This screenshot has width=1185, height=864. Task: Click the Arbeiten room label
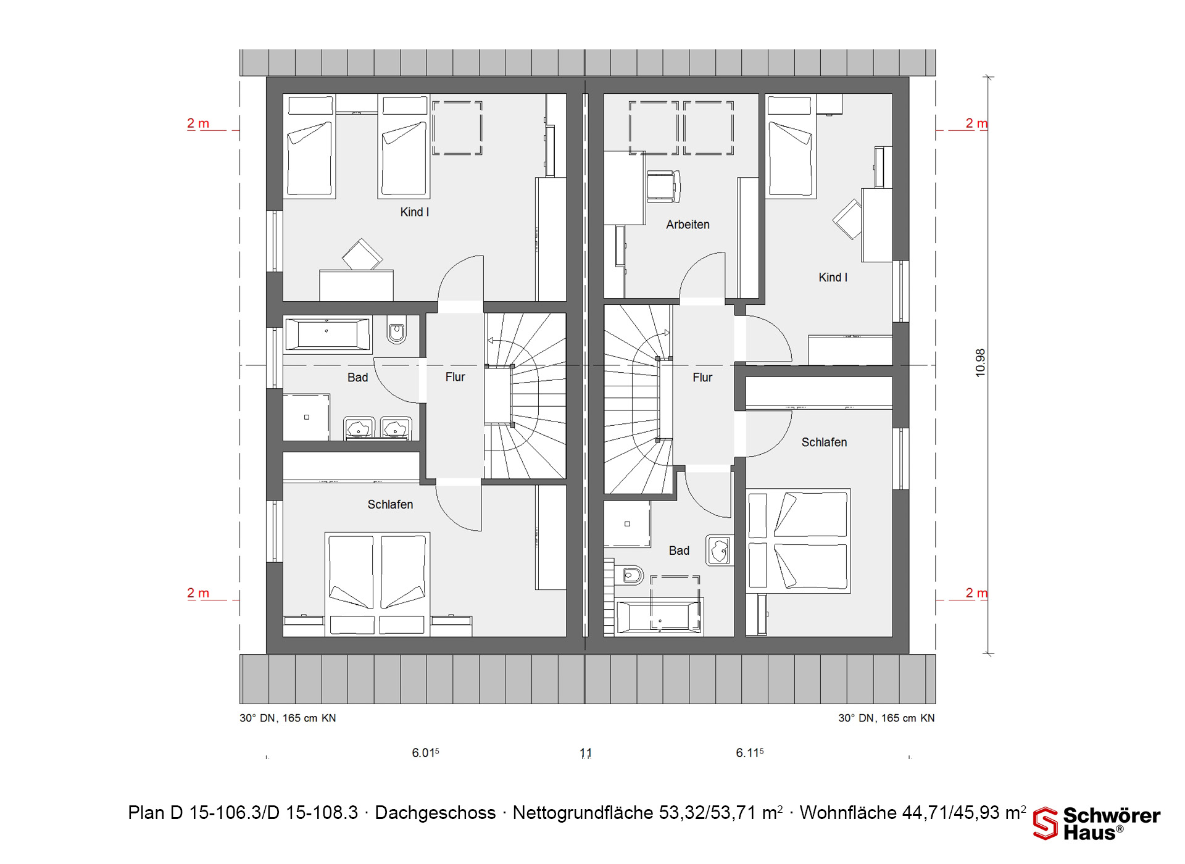click(x=688, y=225)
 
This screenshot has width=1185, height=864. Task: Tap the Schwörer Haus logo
click(x=1097, y=823)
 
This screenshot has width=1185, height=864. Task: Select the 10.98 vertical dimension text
click(x=981, y=363)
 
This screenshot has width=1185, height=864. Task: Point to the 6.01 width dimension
click(x=425, y=753)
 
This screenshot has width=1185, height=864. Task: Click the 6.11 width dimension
click(x=749, y=753)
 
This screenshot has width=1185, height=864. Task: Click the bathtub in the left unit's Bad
click(x=327, y=335)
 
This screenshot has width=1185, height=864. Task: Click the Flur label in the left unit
click(x=455, y=377)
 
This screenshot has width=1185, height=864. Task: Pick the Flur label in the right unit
click(x=702, y=378)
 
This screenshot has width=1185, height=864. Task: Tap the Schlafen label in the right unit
click(x=824, y=442)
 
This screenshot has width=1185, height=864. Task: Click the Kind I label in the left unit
click(x=414, y=212)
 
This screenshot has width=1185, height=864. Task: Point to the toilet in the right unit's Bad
click(x=630, y=576)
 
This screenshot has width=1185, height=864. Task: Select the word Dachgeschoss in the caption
click(x=435, y=813)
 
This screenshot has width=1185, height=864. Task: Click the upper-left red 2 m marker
click(x=198, y=123)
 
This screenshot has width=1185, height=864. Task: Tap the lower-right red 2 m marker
click(x=976, y=593)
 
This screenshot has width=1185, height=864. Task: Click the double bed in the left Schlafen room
click(x=377, y=584)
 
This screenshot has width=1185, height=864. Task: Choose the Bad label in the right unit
click(x=679, y=550)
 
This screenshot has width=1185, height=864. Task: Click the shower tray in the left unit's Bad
click(x=306, y=417)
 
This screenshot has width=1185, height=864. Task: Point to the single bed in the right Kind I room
click(x=791, y=146)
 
